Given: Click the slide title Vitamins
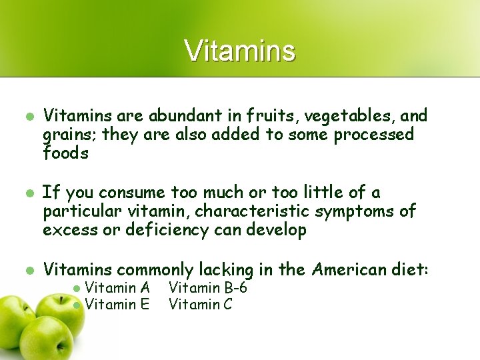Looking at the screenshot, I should (239, 51).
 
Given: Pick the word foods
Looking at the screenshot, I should (65, 153).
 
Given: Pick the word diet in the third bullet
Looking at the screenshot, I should (410, 269).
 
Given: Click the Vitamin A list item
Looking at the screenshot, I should (117, 288).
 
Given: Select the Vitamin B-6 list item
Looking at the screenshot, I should (208, 288).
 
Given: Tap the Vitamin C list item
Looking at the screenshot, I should (201, 305).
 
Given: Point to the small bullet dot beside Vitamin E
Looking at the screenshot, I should (77, 305).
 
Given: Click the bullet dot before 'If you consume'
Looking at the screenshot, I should (29, 193).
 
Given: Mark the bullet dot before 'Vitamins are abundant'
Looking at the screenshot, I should (29, 116).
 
